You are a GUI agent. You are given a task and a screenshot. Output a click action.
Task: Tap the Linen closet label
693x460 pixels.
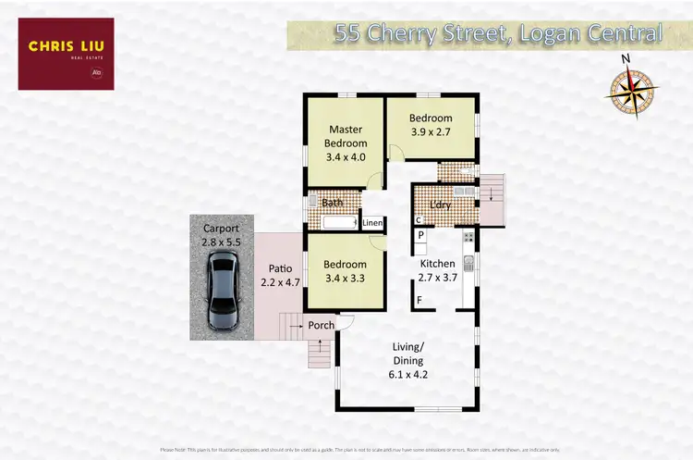coord(371,223)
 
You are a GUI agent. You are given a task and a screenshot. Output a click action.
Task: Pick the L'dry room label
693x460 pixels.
coord(440,205)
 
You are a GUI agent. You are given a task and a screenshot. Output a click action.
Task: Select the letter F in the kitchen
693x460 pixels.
coord(419,300)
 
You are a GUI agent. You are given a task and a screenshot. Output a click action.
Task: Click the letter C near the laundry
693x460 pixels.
coord(419,220)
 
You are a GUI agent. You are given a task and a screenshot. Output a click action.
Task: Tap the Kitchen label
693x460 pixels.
coord(438,264)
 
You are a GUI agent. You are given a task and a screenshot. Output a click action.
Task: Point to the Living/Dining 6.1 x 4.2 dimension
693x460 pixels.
coord(407,375)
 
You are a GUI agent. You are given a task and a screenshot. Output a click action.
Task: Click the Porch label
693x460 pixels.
coord(321,325)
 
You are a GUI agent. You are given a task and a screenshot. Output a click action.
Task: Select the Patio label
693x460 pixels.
coord(275,269)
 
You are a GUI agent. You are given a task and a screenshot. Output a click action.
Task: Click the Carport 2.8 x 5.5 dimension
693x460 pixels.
coord(221,242)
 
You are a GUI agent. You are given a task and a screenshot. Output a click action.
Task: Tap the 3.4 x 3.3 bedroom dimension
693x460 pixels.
coord(346,277)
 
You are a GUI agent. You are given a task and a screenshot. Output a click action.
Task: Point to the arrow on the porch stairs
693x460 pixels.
coord(320,350)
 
